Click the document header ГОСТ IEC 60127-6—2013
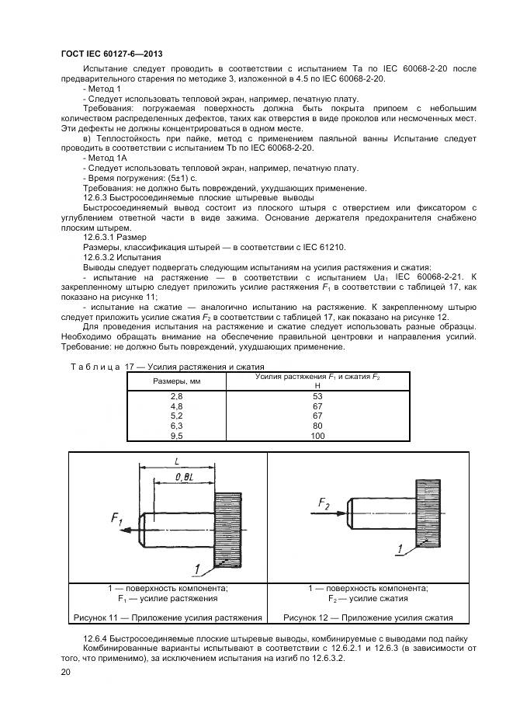click(x=112, y=52)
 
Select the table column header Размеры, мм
click(x=176, y=381)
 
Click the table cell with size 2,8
click(x=176, y=396)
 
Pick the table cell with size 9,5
click(x=176, y=437)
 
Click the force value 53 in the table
click(x=317, y=396)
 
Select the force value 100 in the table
click(x=317, y=437)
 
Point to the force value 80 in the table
click(x=317, y=426)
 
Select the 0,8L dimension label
click(x=184, y=476)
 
